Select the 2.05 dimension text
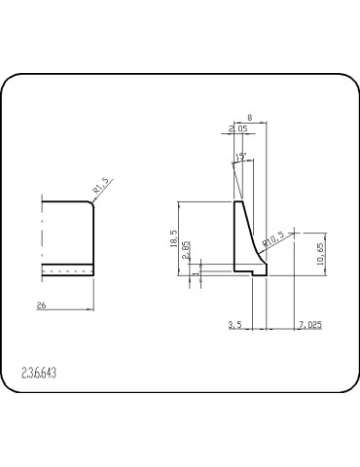pos(236,128)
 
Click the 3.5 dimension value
pos(234,322)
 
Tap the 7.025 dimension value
pos(310,322)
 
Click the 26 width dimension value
pos(41,305)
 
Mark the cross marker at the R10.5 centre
pos(294,233)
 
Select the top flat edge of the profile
pos(238,201)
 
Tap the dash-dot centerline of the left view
pos(42,233)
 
